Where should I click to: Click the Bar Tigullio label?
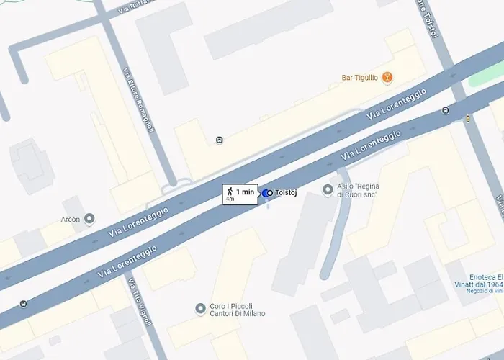(x=359, y=78)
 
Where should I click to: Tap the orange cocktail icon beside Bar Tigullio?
(x=387, y=77)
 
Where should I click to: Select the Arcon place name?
(x=70, y=219)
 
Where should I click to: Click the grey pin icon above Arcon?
(x=89, y=218)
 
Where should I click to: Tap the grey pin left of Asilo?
(x=328, y=189)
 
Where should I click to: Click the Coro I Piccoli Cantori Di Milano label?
(x=237, y=309)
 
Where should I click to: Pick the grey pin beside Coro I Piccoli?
(x=201, y=309)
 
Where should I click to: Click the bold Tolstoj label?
(x=287, y=193)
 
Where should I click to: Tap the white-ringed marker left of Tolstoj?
(x=266, y=193)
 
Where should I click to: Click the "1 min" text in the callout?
(x=245, y=192)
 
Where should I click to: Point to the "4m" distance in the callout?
(x=230, y=199)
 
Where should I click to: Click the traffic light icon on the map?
(x=468, y=118)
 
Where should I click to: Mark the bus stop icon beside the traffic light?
(x=446, y=110)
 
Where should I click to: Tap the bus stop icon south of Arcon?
(x=24, y=304)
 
